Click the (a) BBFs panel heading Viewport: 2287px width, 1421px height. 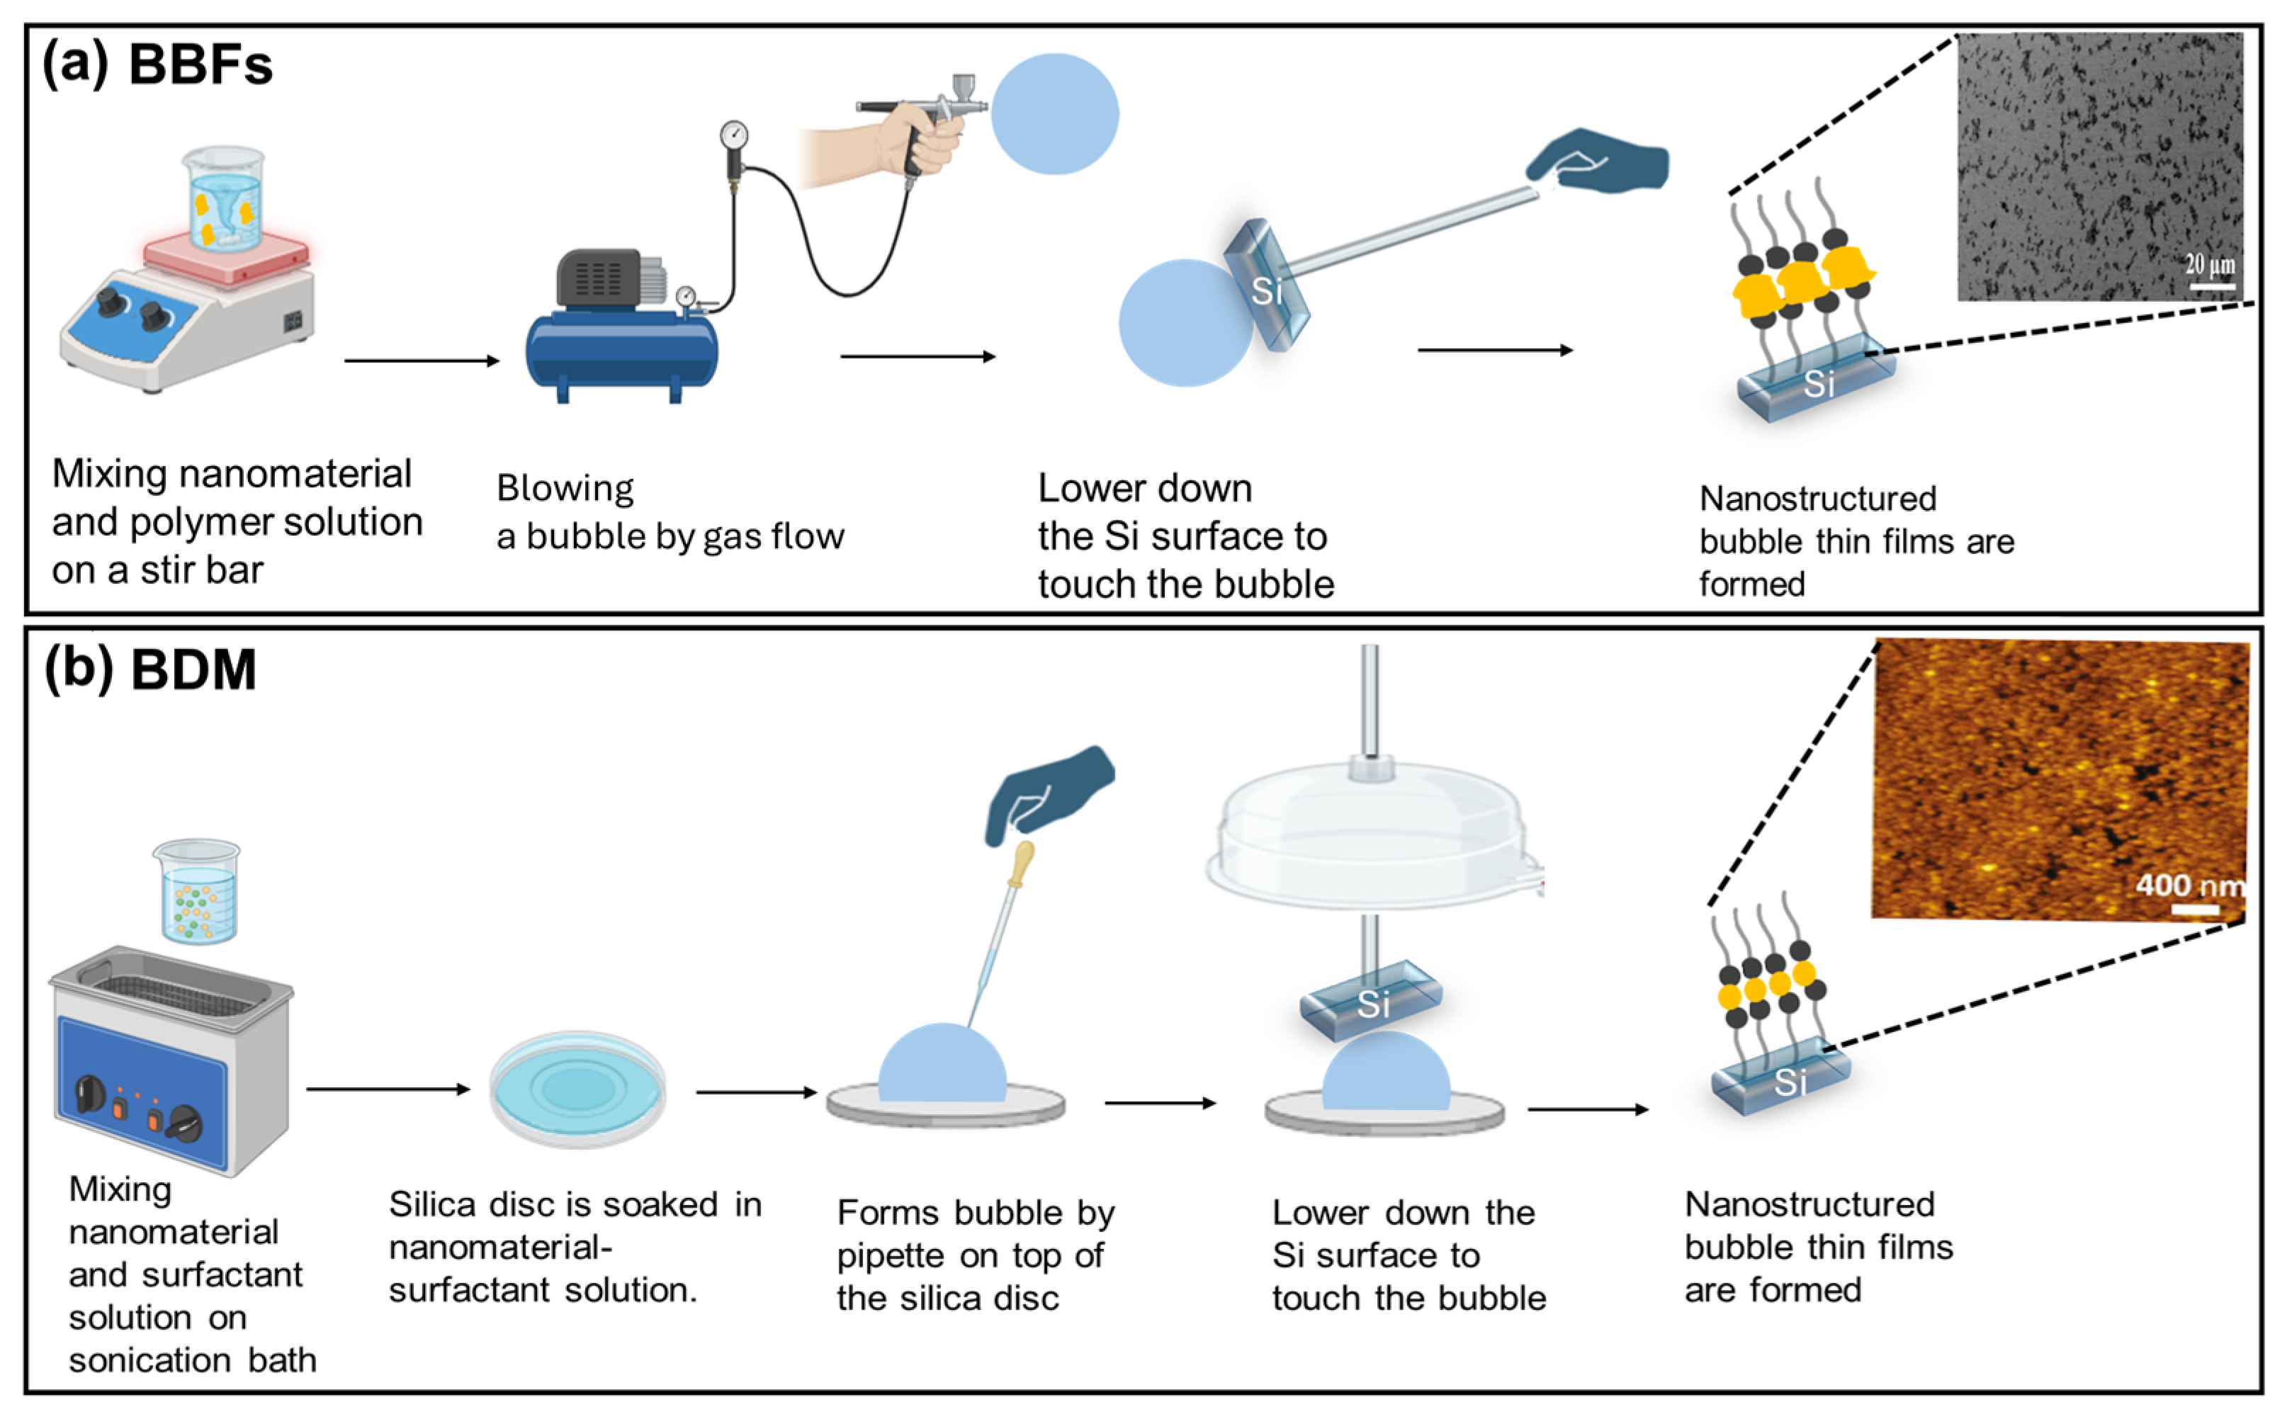click(157, 64)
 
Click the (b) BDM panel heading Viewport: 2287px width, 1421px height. click(150, 670)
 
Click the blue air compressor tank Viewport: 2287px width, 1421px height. click(621, 353)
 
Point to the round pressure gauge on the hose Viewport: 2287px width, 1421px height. click(734, 135)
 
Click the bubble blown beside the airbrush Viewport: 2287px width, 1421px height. click(1055, 114)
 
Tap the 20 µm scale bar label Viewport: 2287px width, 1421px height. click(2208, 264)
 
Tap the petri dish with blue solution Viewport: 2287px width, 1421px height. click(578, 1089)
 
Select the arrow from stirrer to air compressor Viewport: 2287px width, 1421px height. click(421, 361)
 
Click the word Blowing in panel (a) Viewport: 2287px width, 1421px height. click(565, 489)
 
